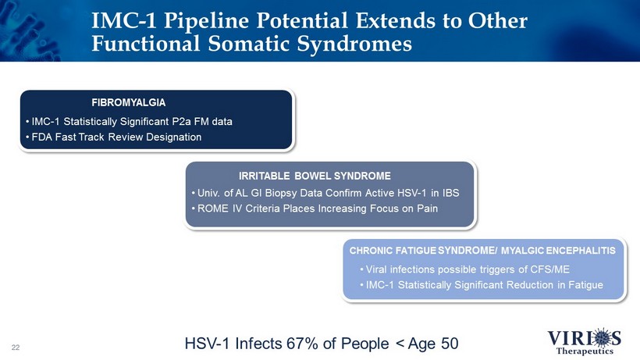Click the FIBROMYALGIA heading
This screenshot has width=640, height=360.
[x=129, y=102]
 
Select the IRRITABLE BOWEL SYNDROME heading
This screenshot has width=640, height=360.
[x=315, y=176]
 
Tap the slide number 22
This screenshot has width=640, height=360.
[x=16, y=348]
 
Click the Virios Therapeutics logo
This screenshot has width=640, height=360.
[x=585, y=340]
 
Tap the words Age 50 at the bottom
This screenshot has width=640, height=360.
[x=433, y=344]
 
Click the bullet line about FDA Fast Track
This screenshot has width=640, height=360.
[x=113, y=137]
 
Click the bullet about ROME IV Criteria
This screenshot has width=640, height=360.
[x=315, y=209]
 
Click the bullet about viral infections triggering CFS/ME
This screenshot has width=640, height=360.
[x=465, y=269]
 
